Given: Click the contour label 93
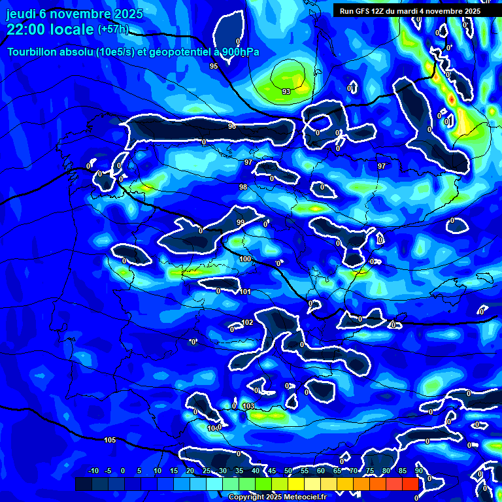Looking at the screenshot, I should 286,92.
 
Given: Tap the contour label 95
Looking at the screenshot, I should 214,66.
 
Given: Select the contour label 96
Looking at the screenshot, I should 231,126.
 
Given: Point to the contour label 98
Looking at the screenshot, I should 243,187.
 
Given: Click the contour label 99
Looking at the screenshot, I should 240,223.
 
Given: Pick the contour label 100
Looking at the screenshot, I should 245,259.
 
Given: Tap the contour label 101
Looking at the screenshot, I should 245,292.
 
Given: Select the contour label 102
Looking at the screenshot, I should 247,323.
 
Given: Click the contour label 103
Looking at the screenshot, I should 248,407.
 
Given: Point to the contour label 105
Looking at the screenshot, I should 110,440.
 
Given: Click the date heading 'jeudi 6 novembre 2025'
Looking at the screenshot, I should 75,14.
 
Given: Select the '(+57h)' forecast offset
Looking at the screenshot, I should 113,29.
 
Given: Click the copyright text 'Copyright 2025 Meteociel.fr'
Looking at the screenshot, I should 277,497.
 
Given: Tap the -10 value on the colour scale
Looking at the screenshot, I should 93,471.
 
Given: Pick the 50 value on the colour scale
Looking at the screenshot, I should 288,471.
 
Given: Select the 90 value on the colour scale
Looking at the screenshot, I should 418,471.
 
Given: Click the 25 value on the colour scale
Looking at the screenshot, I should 207,471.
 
